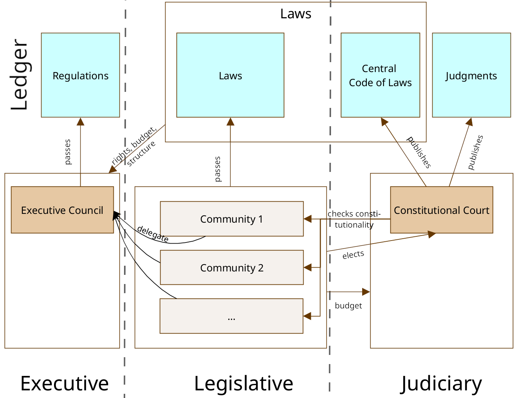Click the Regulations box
point(80,75)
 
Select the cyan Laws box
point(230,75)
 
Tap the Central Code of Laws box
point(380,75)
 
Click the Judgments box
point(471,75)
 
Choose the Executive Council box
point(62,210)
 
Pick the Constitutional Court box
point(441,210)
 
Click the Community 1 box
point(231,219)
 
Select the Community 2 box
point(231,268)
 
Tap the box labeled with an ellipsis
point(231,316)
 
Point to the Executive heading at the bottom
point(64,383)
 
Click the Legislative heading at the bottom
point(243,383)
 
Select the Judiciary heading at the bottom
point(441,383)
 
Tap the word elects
point(353,255)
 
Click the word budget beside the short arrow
point(348,306)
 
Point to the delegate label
point(153,234)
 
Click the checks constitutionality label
point(354,219)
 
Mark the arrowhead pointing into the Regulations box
point(80,121)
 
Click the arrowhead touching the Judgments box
point(469,122)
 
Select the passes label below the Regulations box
point(68,152)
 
